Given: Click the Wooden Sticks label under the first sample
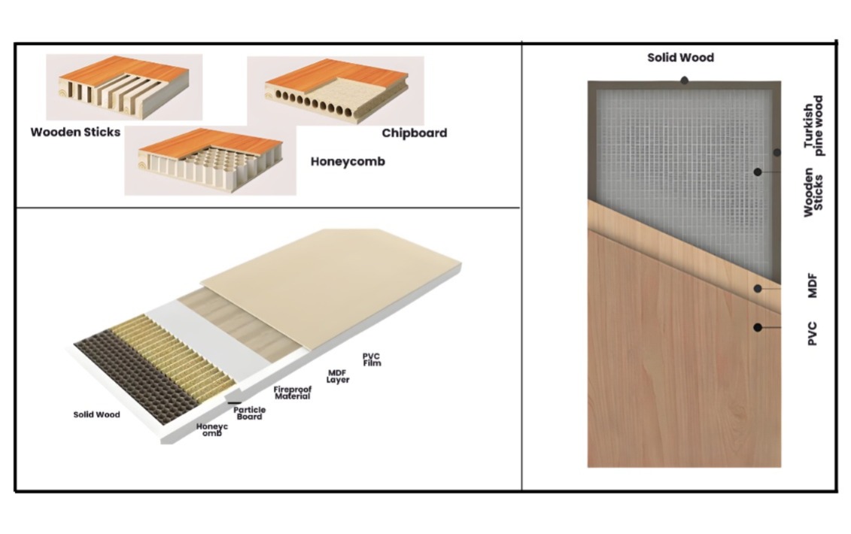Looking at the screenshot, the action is (x=75, y=132).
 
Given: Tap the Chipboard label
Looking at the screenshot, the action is (x=414, y=133).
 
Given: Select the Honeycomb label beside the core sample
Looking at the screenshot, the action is (x=348, y=162).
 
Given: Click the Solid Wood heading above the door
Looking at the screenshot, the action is (x=681, y=57).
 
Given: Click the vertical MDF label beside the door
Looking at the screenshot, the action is (x=813, y=286).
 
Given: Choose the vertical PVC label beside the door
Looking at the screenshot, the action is (x=813, y=334).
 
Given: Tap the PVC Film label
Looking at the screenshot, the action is (x=372, y=360).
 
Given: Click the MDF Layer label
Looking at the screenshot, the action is (x=338, y=377).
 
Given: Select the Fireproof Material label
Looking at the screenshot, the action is (x=293, y=393).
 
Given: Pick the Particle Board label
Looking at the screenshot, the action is (x=250, y=413).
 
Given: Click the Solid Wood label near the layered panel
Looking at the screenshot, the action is (x=96, y=414).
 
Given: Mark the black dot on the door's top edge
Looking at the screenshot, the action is (x=685, y=81).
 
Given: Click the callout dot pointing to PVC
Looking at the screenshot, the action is (x=758, y=327).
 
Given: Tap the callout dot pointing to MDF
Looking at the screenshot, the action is (x=758, y=289).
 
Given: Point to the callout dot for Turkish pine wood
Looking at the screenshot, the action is (x=777, y=153).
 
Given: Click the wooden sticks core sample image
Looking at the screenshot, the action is (x=124, y=86).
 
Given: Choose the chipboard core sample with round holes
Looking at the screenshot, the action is (x=336, y=90).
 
